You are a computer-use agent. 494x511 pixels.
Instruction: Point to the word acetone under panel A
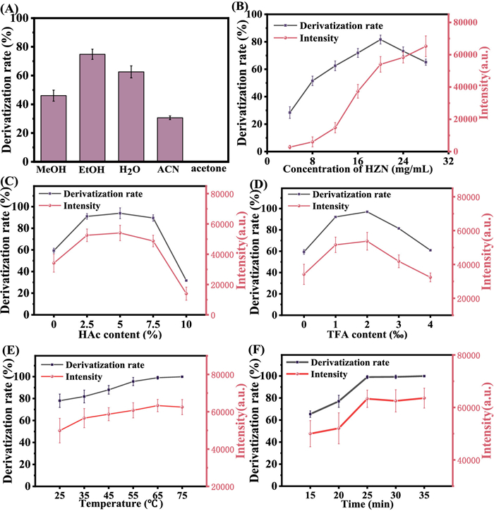pyautogui.click(x=209, y=171)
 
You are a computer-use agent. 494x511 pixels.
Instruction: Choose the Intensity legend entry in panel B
pyautogui.click(x=318, y=37)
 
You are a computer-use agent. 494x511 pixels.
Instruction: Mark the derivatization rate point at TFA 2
pyautogui.click(x=367, y=211)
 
